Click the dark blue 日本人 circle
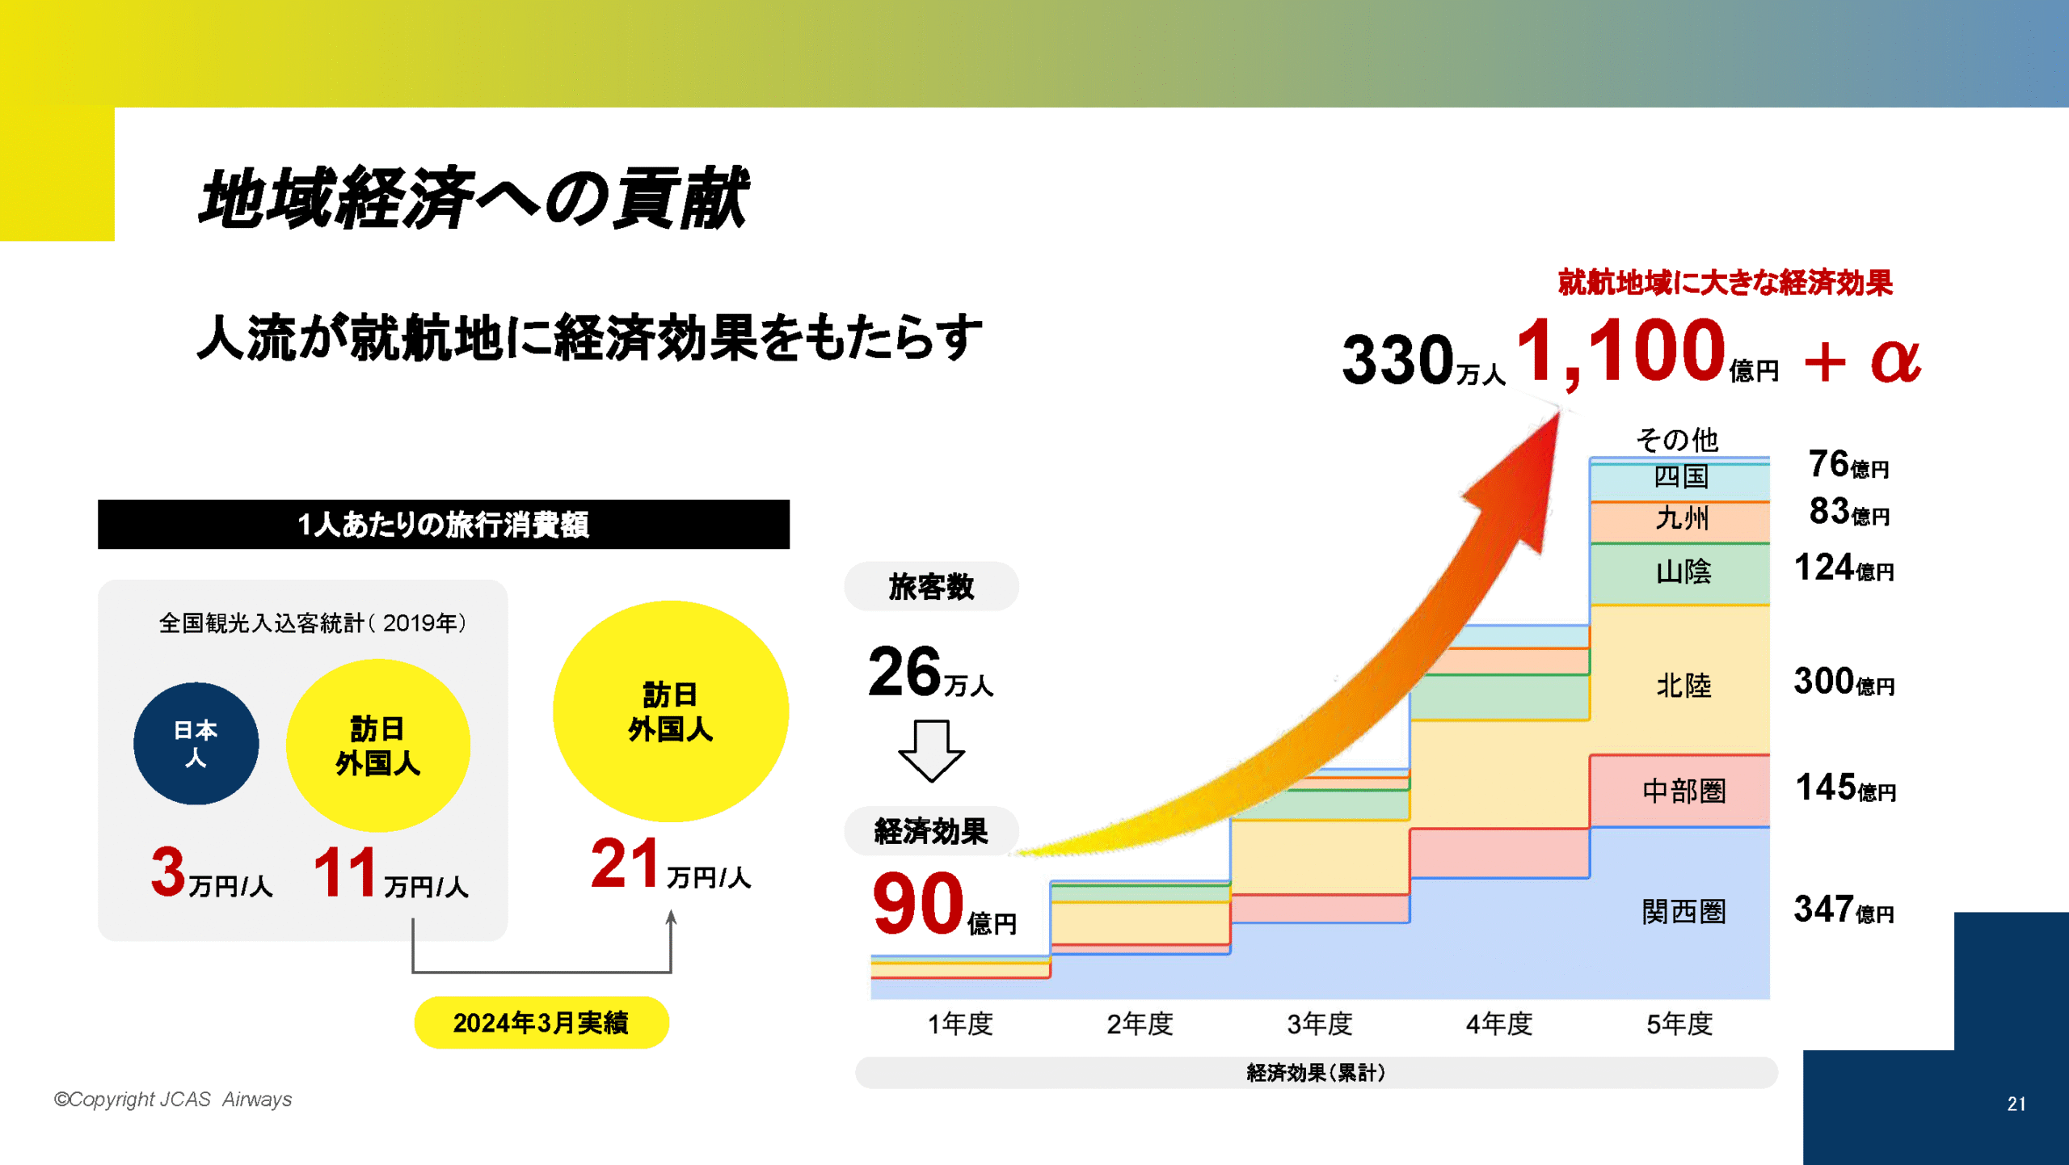point(196,743)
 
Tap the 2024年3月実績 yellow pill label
point(541,1023)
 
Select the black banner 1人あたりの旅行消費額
point(443,525)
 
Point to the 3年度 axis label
point(1319,1024)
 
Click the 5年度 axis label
point(1679,1024)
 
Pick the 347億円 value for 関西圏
point(1844,910)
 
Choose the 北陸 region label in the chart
point(1683,686)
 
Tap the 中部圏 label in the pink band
point(1683,791)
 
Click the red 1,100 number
point(1620,352)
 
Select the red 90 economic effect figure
point(918,904)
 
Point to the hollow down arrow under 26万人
point(931,751)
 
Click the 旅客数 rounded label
point(931,587)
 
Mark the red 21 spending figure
point(624,863)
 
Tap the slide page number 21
point(2016,1104)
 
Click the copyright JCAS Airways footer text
point(173,1100)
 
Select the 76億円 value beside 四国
point(1848,465)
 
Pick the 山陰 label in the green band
point(1683,572)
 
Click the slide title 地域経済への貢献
point(474,199)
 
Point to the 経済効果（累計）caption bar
point(1316,1073)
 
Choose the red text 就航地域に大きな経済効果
point(1725,283)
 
